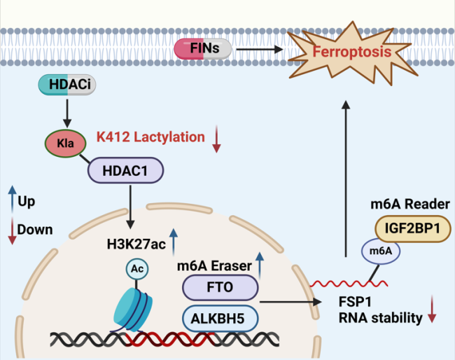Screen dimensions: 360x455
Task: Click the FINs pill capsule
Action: pos(203,49)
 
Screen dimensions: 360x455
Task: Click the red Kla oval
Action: pos(65,144)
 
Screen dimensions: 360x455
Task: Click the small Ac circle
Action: pos(137,268)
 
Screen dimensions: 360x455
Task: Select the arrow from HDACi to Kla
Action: pos(67,111)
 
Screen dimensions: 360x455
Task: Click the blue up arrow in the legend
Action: pos(11,200)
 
